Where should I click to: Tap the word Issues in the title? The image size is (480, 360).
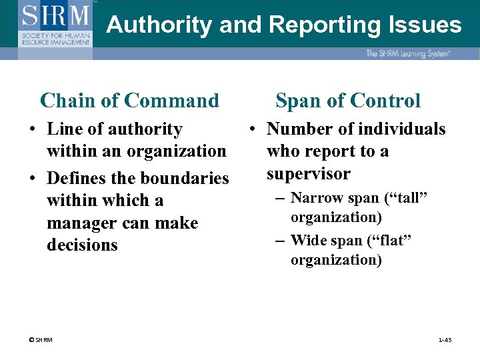point(423,25)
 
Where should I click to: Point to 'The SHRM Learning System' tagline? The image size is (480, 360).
point(407,53)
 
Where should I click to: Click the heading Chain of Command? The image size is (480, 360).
point(129,101)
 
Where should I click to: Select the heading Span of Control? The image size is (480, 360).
point(348,101)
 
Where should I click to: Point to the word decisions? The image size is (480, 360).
point(82,245)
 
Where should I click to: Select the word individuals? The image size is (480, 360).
point(402,129)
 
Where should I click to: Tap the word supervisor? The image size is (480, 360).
point(308,174)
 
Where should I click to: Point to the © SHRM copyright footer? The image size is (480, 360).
point(41,340)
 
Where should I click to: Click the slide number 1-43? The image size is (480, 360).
point(445,340)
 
